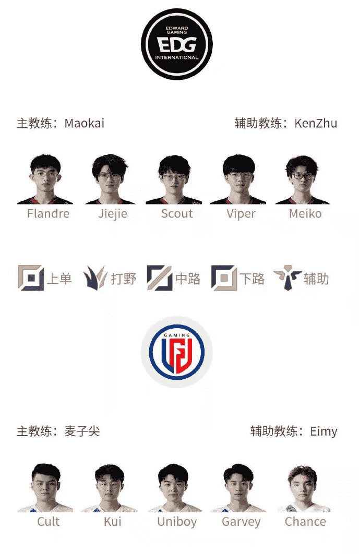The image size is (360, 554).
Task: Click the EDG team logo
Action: coord(177,44)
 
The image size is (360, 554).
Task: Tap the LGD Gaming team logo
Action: coord(177,352)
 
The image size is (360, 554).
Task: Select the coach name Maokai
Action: coord(85,123)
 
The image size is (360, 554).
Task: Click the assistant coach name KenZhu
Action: coord(316,123)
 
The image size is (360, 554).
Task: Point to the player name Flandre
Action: coord(49,213)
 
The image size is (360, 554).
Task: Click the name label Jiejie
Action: coord(113,214)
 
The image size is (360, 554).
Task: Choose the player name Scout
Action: coord(177,213)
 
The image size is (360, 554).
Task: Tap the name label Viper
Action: coord(241,214)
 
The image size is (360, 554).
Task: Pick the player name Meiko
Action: coord(306,213)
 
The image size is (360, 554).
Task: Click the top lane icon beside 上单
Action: coord(31,278)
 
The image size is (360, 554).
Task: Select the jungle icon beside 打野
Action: coord(95,278)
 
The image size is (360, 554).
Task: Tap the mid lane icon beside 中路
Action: coord(160,278)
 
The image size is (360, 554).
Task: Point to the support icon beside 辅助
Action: coord(287,278)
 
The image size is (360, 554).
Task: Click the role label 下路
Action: coord(252,279)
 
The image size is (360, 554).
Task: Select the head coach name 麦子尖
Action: coord(82,431)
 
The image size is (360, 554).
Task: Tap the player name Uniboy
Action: coord(177,522)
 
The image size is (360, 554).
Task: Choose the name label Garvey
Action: coord(241,522)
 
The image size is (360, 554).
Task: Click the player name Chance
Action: coord(306,522)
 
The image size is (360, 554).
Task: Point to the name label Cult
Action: coord(49,522)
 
